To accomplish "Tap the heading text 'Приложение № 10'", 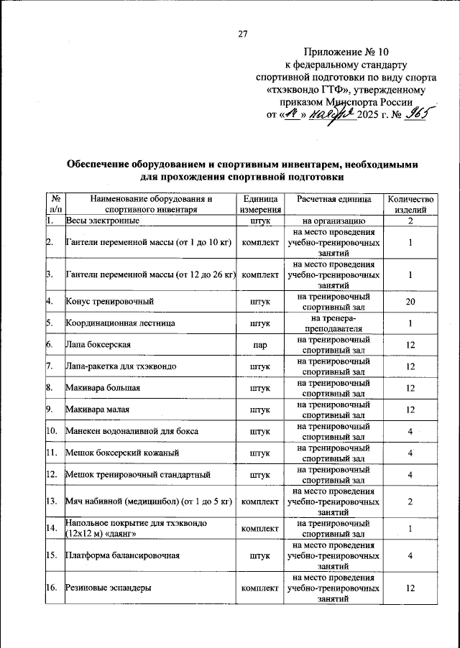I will [344, 52].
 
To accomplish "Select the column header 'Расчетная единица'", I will [333, 199].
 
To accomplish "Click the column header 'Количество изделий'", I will [410, 205].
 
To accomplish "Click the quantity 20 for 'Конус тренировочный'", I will [410, 301].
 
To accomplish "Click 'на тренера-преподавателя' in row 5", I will [333, 323].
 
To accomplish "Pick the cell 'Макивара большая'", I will [103, 388].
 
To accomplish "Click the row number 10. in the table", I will [52, 432].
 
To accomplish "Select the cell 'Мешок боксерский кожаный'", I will [122, 453].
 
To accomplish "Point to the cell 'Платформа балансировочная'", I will [122, 555].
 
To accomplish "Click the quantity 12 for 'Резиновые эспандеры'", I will [410, 588].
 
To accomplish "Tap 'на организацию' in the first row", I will [333, 221].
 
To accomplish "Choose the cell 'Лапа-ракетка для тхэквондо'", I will [121, 366].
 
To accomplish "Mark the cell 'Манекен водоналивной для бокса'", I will [132, 432].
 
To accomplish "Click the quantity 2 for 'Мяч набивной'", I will [410, 501].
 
